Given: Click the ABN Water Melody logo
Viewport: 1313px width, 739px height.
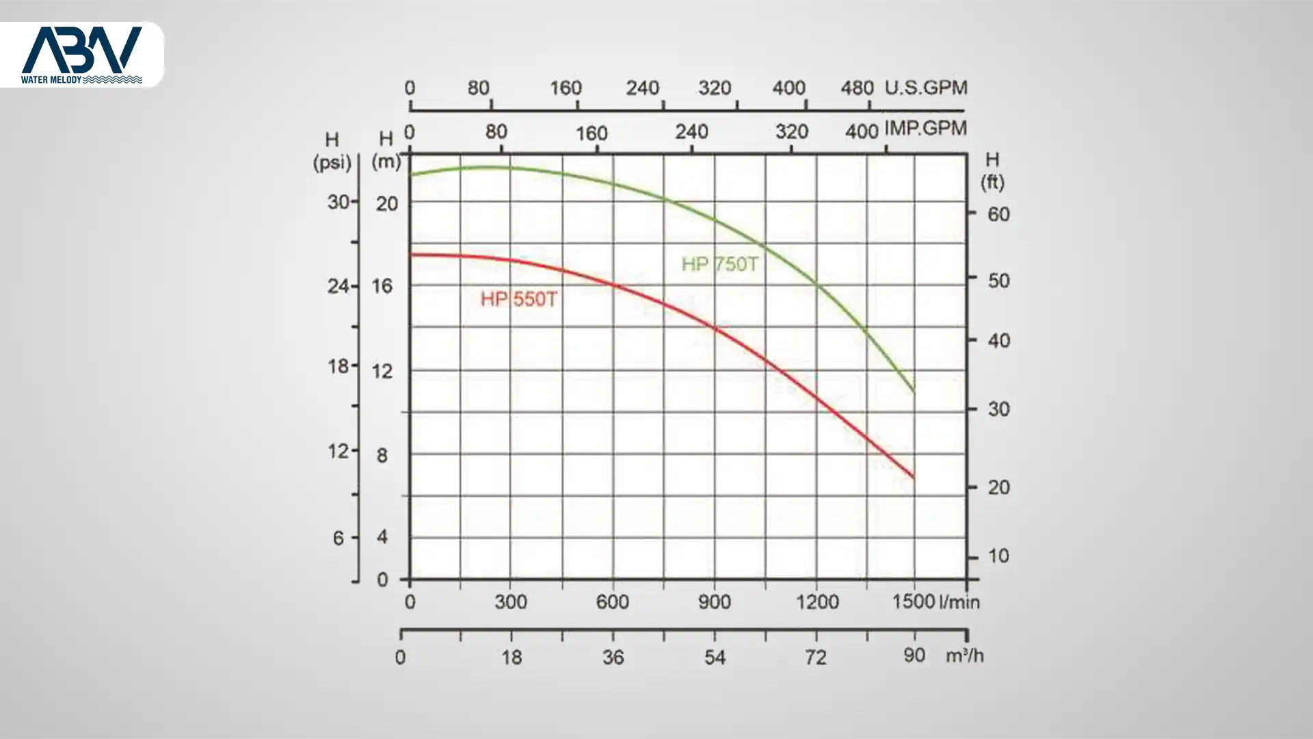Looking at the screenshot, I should coord(82,55).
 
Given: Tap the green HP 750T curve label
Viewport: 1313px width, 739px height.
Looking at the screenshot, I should coord(719,264).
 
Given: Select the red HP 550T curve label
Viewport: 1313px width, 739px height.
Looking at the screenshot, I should coord(518,299).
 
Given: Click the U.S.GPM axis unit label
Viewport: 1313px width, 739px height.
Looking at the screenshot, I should coord(926,88).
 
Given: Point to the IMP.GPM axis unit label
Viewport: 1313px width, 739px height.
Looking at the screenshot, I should coord(926,128).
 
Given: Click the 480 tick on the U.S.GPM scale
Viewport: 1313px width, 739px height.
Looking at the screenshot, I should coord(857,88).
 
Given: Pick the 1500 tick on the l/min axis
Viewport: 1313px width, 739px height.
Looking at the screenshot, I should coord(913,601).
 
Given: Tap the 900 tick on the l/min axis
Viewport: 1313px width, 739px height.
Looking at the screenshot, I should coord(715,602).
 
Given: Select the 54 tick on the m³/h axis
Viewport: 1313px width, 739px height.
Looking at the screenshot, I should coord(715,658).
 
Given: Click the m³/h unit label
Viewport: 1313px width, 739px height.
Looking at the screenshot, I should coord(964,656).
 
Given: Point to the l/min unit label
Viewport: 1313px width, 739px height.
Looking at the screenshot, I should coord(959,602).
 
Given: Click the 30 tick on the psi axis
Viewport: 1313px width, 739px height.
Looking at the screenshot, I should coord(339,202).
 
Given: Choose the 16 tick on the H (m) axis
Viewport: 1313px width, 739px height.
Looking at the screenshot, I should coord(382,286).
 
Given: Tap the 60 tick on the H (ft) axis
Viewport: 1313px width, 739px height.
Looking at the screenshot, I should coord(998,214).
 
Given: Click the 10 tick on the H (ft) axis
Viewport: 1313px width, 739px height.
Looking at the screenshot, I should coord(998,556).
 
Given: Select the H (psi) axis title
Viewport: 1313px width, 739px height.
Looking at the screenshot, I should coord(332,151).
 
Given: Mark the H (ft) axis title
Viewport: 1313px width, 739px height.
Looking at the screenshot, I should coord(992,170).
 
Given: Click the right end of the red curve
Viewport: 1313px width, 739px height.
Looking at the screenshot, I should coord(913,477).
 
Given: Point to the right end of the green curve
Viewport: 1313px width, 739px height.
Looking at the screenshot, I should coord(913,391).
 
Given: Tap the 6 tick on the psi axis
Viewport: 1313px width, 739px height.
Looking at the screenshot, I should coord(339,539).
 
